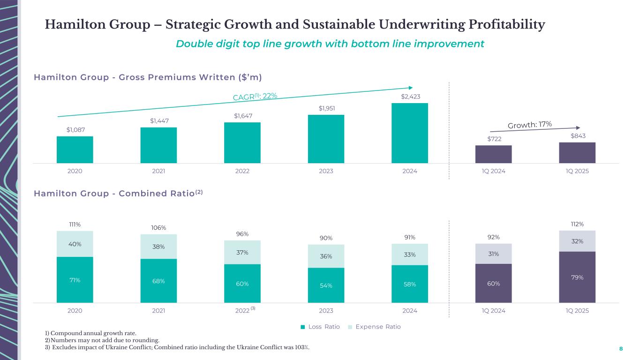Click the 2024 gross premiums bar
coord(409,133)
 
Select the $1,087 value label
coord(75,129)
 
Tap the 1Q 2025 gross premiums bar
coord(577,153)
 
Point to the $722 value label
coord(493,139)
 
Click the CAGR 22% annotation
coord(255,96)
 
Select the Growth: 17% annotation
coord(530,124)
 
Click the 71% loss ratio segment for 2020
coord(75,280)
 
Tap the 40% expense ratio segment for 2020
coord(75,244)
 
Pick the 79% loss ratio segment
coord(577,277)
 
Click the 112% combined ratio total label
coord(577,224)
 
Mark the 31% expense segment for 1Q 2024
coord(493,254)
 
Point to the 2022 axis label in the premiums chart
coord(242,171)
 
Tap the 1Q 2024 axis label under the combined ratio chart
coord(493,311)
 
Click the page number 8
coord(621,349)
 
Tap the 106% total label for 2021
coord(158,228)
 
